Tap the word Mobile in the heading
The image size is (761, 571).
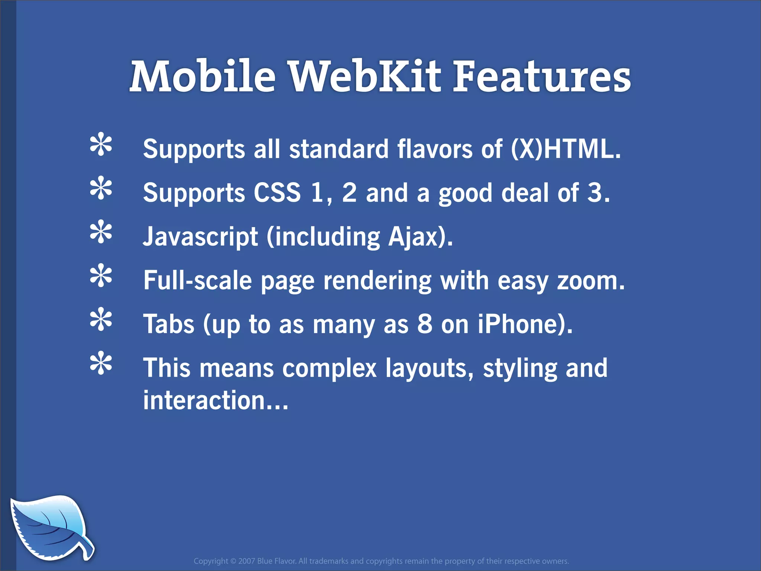(x=203, y=77)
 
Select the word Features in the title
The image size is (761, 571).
(x=542, y=77)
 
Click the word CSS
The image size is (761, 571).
(x=277, y=193)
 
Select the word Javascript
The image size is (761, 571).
(x=201, y=237)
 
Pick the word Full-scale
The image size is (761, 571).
(x=198, y=281)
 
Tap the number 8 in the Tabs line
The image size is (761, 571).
(x=425, y=324)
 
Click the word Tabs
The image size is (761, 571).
(x=169, y=324)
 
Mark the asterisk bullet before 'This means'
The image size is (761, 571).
(x=101, y=364)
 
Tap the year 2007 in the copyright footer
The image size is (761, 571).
(x=247, y=561)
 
